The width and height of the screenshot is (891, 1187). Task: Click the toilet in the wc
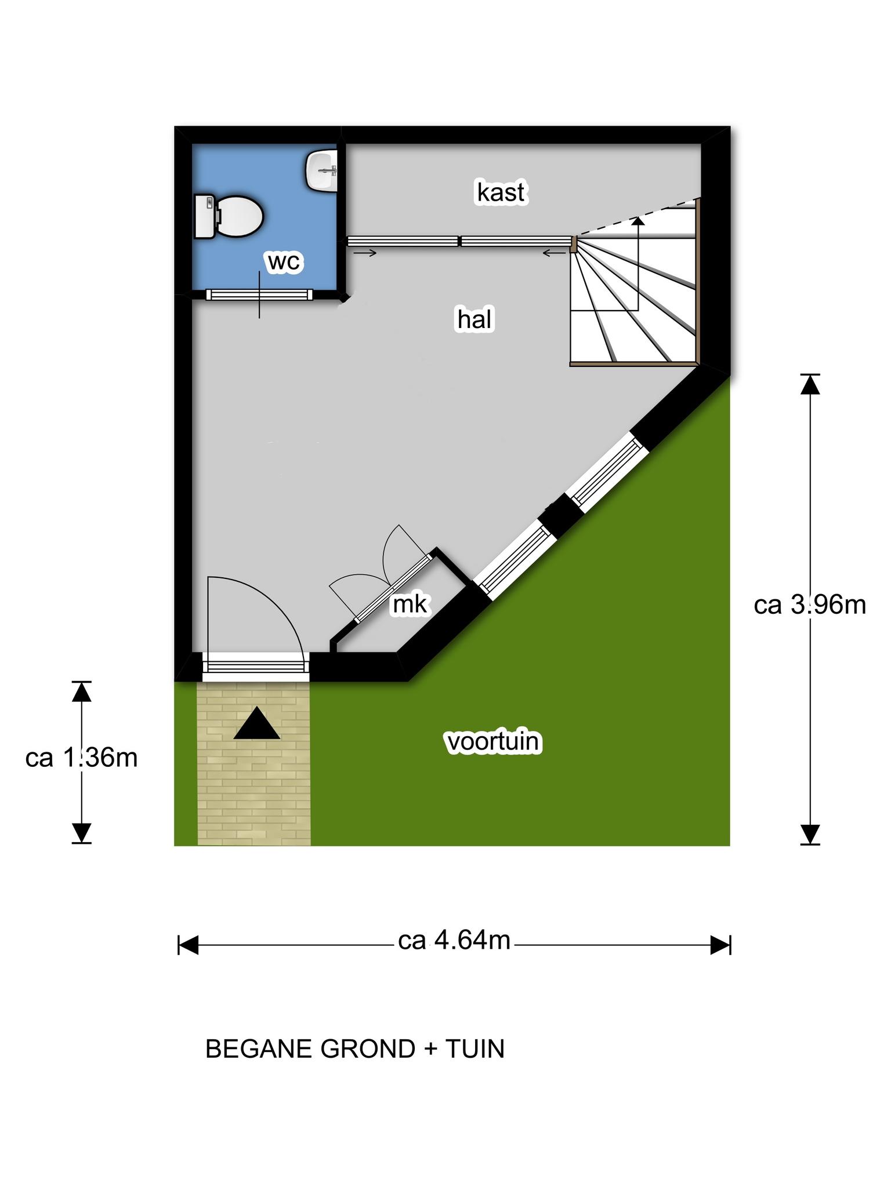point(229,216)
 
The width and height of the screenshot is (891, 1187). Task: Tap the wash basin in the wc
point(321,170)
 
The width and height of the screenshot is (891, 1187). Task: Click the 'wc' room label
point(284,262)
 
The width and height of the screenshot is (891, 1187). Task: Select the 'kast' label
point(501,192)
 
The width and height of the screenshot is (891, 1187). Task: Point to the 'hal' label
point(475,319)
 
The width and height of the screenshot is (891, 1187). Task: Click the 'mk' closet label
point(410,605)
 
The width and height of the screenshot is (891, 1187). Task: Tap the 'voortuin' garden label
point(492,742)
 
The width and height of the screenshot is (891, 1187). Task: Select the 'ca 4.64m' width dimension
point(454,941)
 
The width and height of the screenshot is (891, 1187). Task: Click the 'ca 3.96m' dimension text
point(810,605)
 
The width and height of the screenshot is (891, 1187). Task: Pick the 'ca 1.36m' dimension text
point(81,758)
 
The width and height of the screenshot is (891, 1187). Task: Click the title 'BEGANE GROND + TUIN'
point(355,1049)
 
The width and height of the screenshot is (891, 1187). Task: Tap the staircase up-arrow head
point(638,220)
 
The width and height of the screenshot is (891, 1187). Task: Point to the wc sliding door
point(259,294)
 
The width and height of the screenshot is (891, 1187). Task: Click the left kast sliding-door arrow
point(364,253)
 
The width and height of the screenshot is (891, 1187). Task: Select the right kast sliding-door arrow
point(555,253)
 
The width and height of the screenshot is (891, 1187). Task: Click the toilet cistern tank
point(204,216)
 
